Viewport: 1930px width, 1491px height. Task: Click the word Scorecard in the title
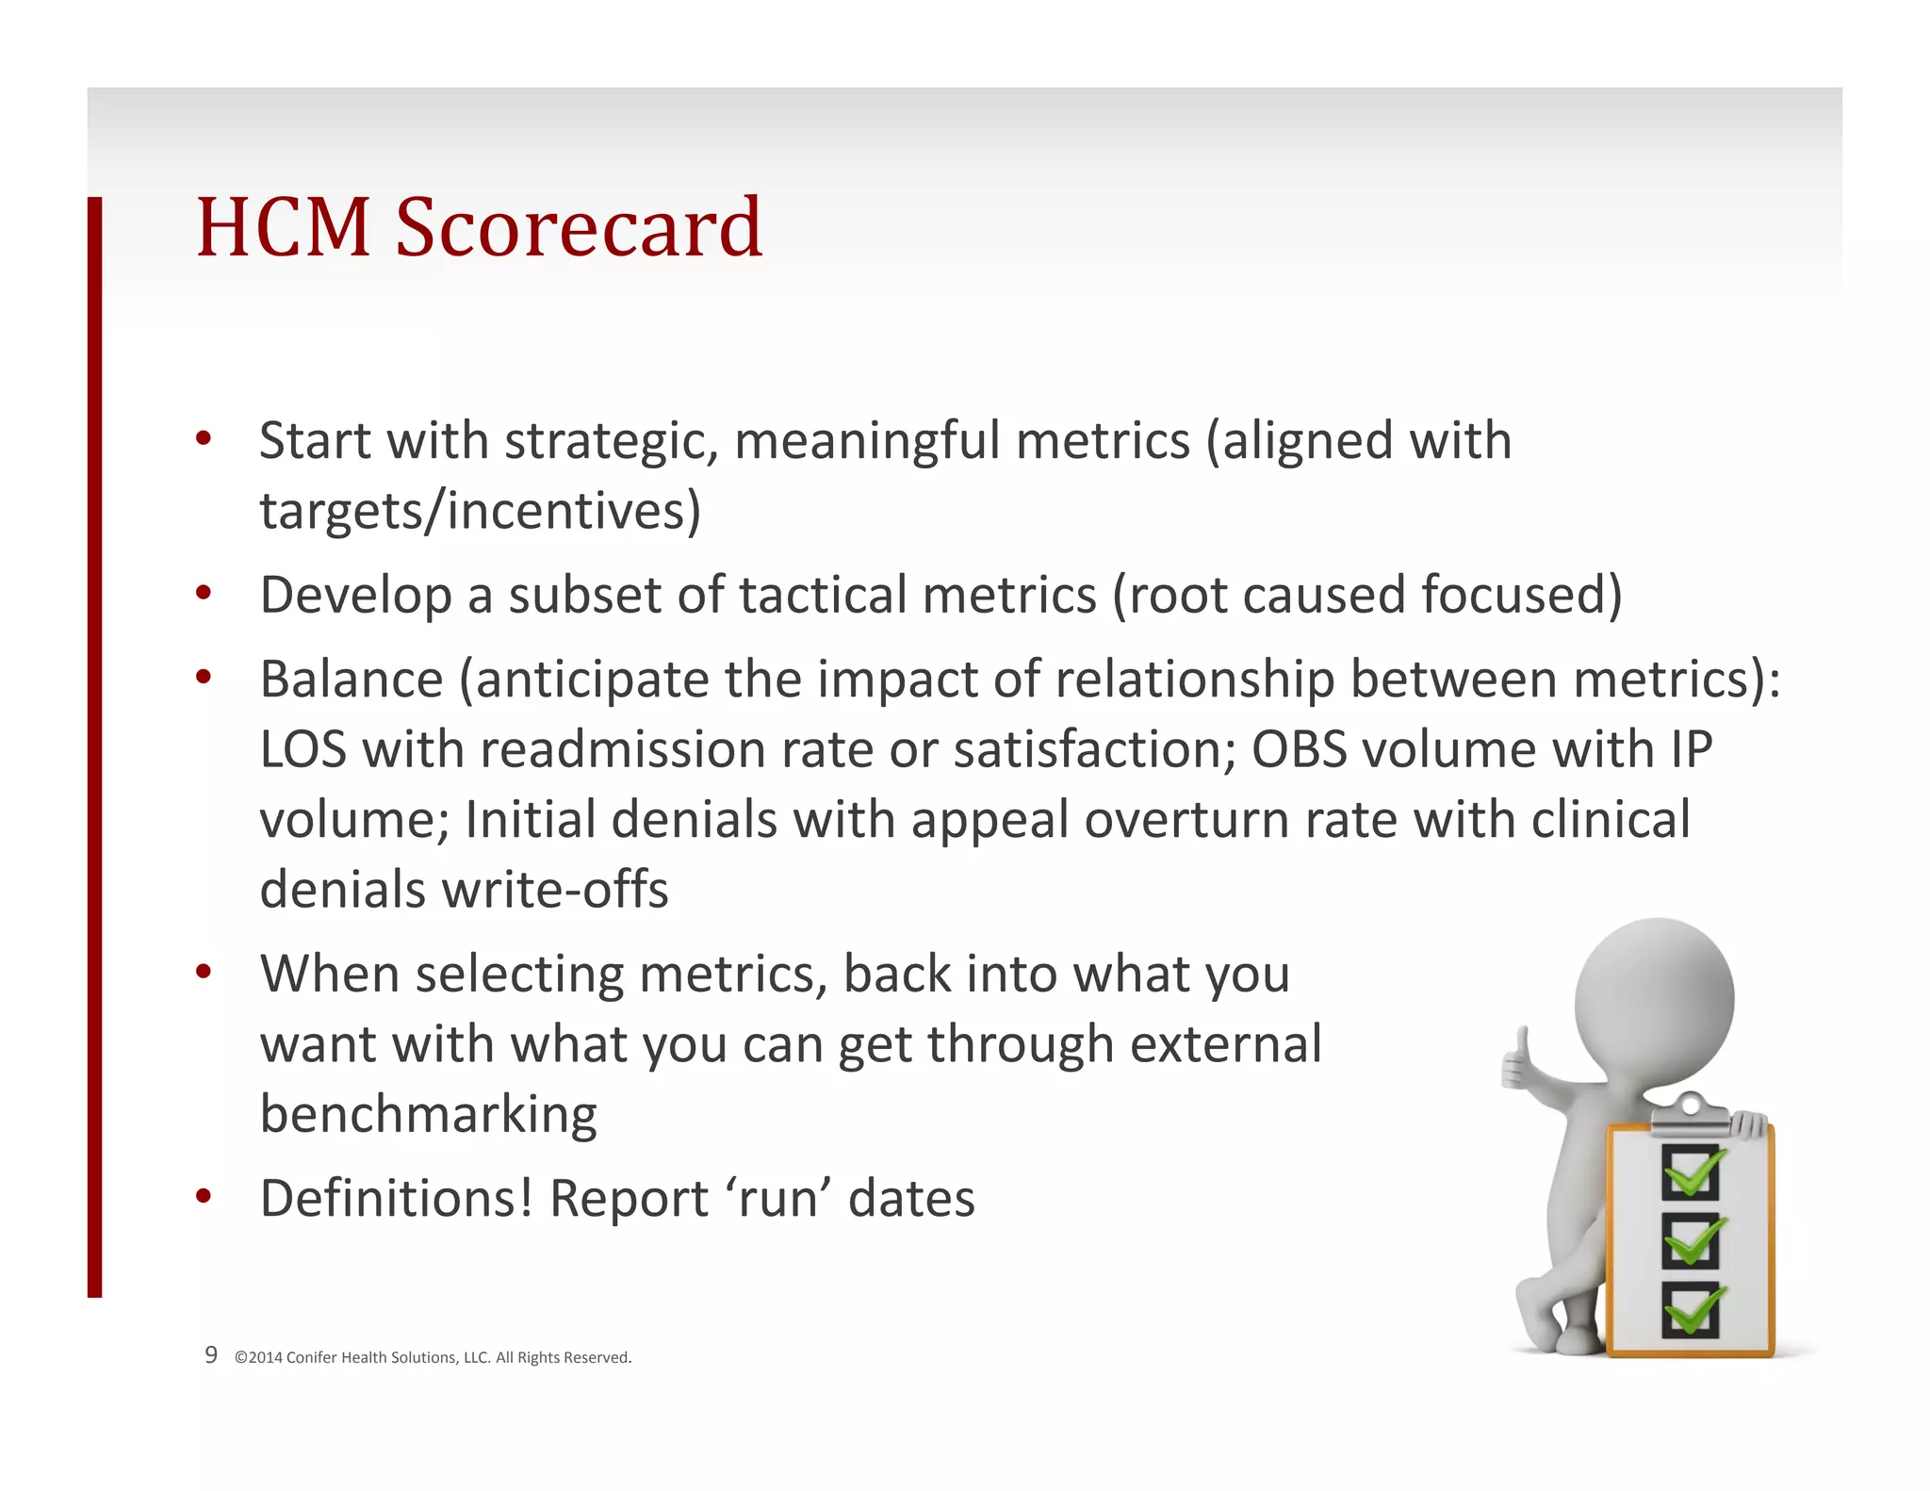[x=579, y=228]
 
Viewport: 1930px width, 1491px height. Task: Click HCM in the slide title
[x=283, y=228]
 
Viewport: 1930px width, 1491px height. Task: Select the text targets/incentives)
[x=480, y=512]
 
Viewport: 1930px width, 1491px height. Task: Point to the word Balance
[x=352, y=680]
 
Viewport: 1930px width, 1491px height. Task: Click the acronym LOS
[x=303, y=751]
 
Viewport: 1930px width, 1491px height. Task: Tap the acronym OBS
[x=1299, y=751]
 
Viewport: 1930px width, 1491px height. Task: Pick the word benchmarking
[x=428, y=1115]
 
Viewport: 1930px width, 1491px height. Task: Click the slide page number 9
[x=211, y=1355]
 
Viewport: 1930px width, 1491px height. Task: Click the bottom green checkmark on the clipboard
[x=1693, y=1310]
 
